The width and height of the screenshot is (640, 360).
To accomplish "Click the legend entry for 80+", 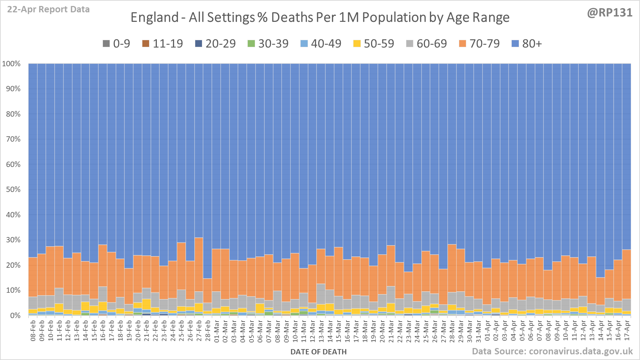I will point(527,44).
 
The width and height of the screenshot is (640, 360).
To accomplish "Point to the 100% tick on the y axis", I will point(11,64).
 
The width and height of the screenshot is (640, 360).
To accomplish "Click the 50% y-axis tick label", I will point(13,190).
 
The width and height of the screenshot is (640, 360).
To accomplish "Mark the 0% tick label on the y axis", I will point(15,315).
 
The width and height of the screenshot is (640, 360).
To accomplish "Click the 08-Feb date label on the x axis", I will point(33,330).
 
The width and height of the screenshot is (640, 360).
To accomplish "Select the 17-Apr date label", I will point(627,330).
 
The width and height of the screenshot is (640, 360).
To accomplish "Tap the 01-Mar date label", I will point(216,330).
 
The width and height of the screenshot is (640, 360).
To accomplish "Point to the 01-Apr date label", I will point(487,330).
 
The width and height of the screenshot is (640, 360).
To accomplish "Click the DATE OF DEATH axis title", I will point(318,352).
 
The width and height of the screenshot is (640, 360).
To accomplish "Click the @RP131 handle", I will point(609,13).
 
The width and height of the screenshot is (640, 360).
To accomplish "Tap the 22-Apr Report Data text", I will point(48,10).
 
